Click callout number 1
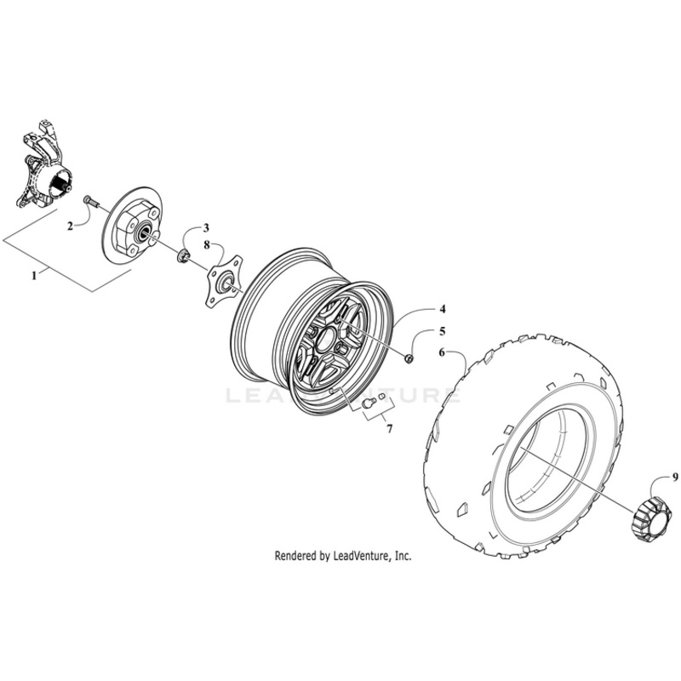tap(34, 275)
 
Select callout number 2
tap(72, 226)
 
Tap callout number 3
tap(204, 228)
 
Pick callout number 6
tap(442, 351)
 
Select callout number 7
tap(389, 429)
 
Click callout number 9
tap(651, 477)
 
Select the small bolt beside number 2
tap(89, 201)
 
